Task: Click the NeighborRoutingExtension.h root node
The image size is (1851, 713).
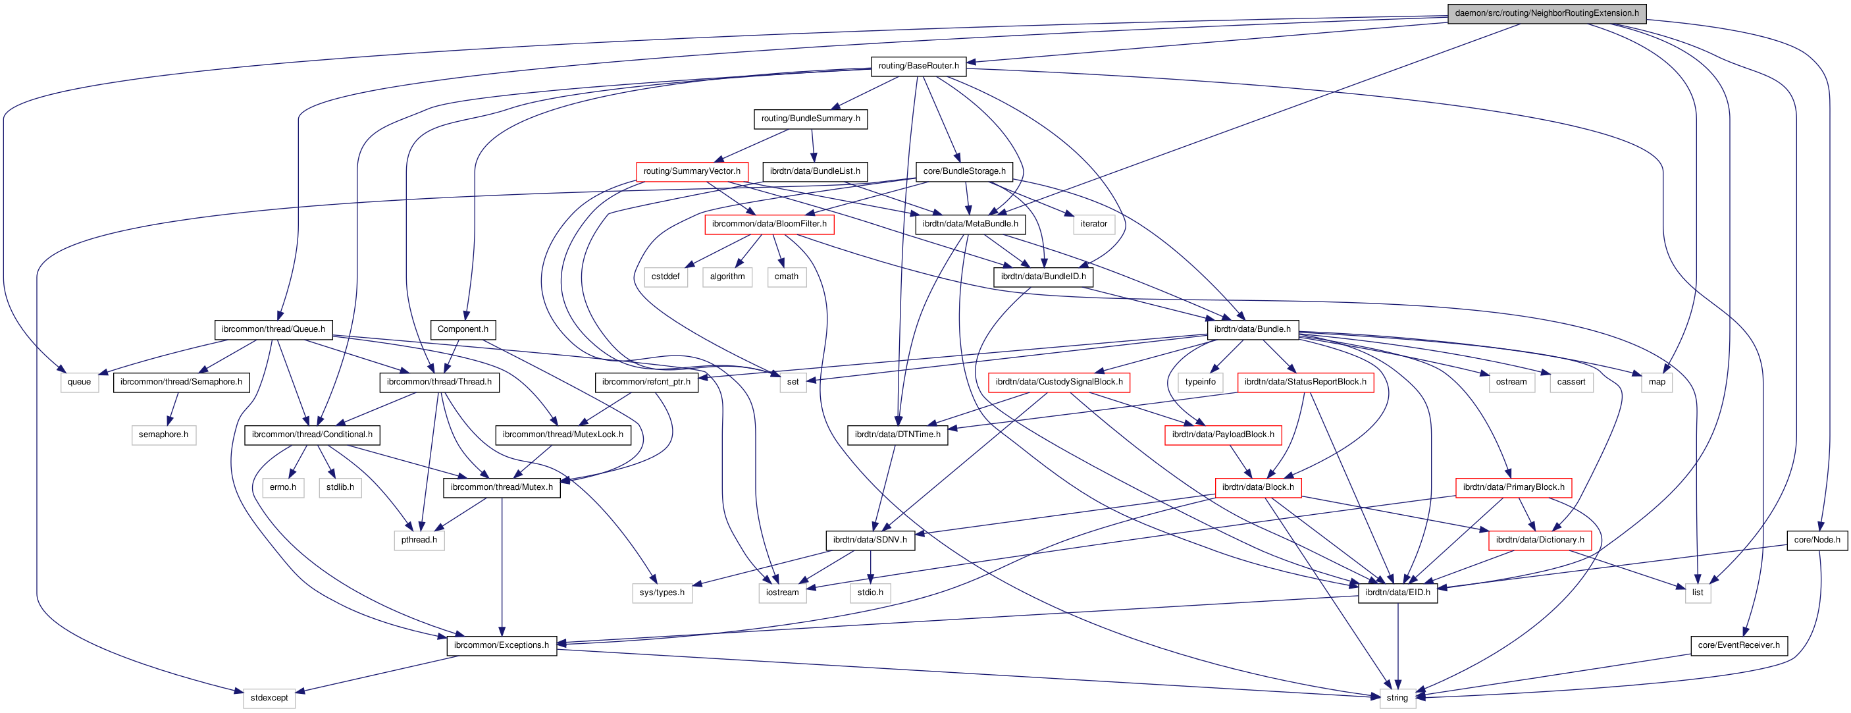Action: click(1546, 13)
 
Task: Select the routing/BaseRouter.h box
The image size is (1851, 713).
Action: click(918, 66)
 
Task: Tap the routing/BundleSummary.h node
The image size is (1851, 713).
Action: click(810, 119)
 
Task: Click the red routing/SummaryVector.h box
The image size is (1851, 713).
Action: click(691, 171)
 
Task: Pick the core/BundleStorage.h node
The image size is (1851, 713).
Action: click(964, 171)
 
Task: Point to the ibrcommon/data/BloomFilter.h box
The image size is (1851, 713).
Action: click(769, 224)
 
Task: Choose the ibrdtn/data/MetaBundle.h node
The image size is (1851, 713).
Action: click(970, 224)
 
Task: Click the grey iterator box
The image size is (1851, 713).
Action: click(1093, 224)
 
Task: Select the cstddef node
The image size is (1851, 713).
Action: click(665, 277)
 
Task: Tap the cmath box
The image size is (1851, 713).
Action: click(786, 277)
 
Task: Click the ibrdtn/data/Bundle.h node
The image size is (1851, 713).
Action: click(1252, 329)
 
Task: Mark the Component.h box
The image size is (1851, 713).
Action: click(463, 329)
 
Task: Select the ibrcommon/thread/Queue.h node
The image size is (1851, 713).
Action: click(273, 329)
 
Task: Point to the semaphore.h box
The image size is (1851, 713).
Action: click(163, 435)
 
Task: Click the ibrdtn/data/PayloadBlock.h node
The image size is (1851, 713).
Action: click(1222, 435)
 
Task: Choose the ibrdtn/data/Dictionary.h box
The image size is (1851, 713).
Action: click(1539, 540)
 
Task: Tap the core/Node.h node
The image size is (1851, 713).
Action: click(1817, 540)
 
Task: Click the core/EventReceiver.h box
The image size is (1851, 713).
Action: click(1738, 645)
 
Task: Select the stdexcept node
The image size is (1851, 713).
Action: click(269, 698)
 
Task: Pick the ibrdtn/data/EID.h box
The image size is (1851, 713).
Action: click(1397, 593)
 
